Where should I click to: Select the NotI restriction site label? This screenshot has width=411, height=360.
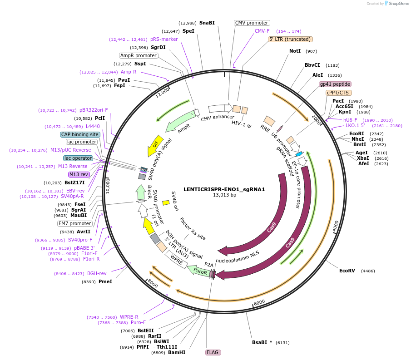point(295,51)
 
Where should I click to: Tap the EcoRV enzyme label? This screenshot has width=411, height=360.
point(347,271)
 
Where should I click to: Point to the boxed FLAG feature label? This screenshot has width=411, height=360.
point(213,352)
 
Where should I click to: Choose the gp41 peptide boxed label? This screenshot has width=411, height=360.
point(335,84)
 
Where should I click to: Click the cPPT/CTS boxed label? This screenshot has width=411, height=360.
point(337,93)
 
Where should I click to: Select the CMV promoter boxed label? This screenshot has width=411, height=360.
point(252,23)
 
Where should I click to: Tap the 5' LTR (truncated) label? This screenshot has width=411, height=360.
point(290,39)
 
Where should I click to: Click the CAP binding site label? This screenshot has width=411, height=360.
point(80,134)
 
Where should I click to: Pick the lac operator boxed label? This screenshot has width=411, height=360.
point(78,158)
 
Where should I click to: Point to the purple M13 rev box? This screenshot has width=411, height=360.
point(79,174)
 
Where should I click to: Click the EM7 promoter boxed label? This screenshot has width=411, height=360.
point(74,223)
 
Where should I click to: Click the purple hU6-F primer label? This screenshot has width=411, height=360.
point(350,120)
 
